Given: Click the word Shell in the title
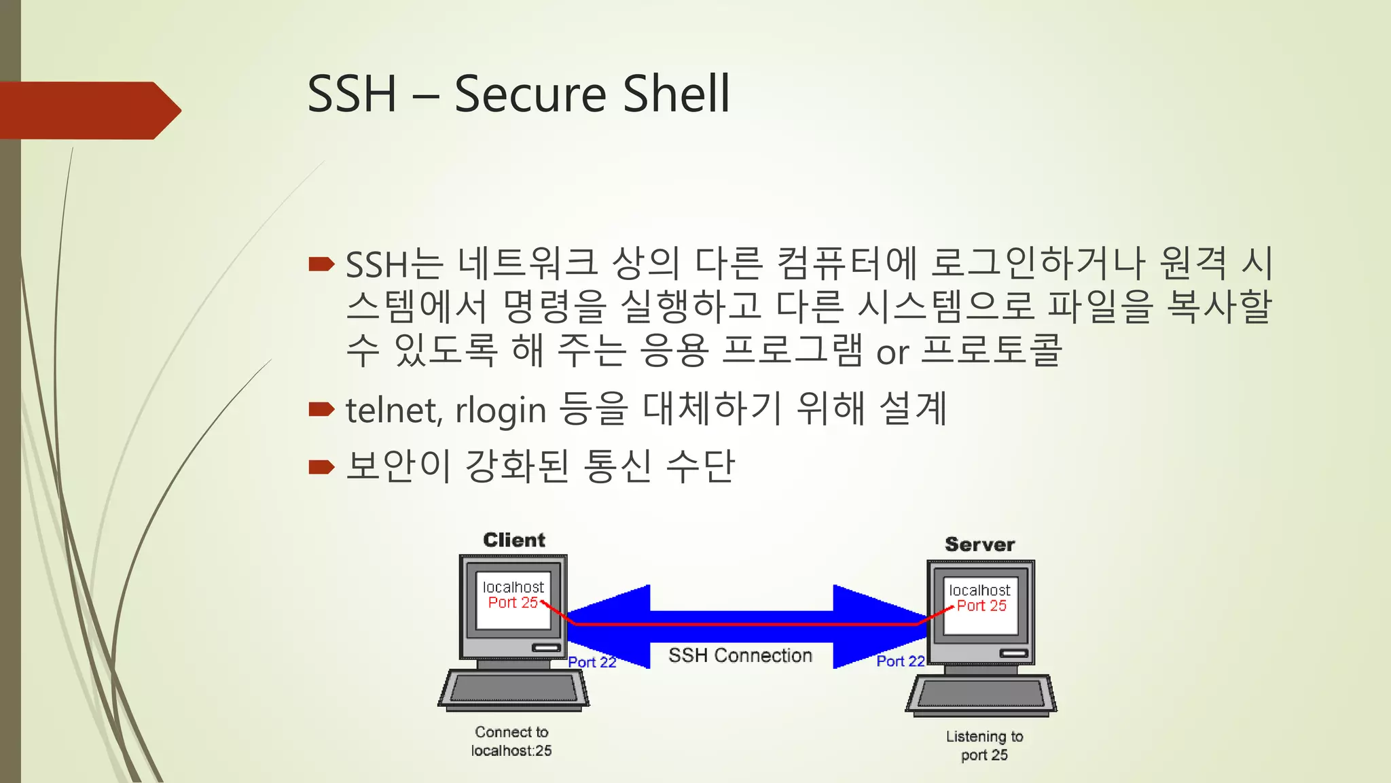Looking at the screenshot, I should [676, 94].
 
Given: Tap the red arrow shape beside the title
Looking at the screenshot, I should [88, 110].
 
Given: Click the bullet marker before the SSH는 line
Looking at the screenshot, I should [321, 264].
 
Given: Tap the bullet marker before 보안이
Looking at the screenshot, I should [321, 466].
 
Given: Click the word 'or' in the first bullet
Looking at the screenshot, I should [892, 353].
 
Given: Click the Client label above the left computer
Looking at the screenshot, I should [514, 540].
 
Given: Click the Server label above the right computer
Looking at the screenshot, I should [979, 544].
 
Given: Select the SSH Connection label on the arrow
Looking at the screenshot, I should [740, 655].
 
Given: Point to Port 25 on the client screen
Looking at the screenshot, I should [513, 603].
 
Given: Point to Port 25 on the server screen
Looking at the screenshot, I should [981, 606].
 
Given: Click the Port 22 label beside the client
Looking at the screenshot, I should [592, 662].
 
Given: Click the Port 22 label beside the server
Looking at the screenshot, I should [900, 661].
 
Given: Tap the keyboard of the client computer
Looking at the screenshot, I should [513, 689].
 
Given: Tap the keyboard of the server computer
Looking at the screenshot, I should [981, 694].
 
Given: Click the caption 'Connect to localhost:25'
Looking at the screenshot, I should [511, 742].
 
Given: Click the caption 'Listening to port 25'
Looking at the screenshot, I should [984, 746].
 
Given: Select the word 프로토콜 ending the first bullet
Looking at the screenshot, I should [991, 351].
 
